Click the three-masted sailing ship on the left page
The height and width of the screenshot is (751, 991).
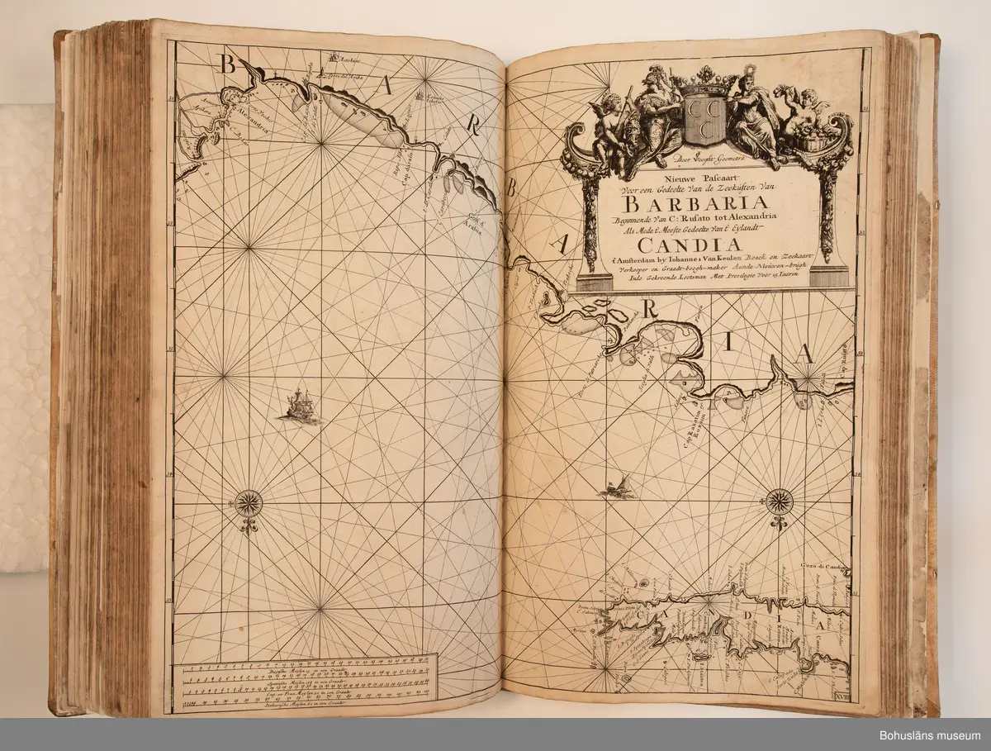(x=299, y=406)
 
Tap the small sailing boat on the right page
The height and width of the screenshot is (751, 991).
(x=617, y=487)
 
